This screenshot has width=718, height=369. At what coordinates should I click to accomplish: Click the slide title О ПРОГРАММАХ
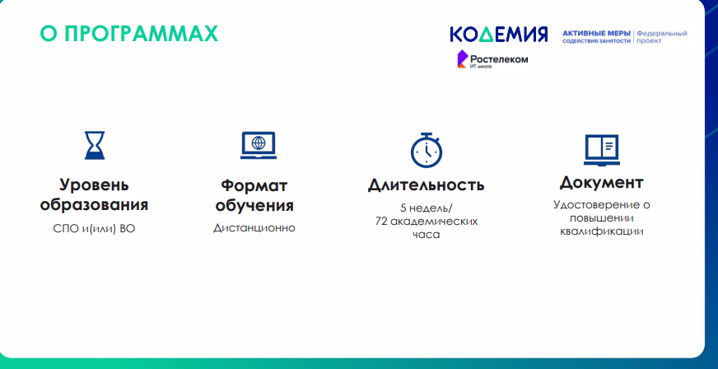(x=129, y=34)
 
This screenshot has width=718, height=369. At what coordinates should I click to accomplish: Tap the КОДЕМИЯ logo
(x=499, y=35)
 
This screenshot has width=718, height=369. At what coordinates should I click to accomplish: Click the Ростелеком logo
(x=492, y=60)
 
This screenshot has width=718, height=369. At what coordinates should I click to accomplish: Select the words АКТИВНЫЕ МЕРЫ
(x=596, y=34)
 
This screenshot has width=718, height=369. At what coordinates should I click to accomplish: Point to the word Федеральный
(x=662, y=34)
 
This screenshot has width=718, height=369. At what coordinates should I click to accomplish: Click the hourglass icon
(x=95, y=145)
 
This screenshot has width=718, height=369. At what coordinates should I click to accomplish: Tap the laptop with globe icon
(x=259, y=145)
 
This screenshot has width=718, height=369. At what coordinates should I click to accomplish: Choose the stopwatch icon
(x=427, y=150)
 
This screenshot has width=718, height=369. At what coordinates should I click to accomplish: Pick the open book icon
(x=602, y=150)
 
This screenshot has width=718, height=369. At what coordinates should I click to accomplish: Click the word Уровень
(x=94, y=185)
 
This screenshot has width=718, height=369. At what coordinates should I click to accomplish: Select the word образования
(x=94, y=204)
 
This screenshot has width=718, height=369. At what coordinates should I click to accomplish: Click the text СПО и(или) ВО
(x=94, y=228)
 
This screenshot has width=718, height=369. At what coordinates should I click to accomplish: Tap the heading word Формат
(x=254, y=186)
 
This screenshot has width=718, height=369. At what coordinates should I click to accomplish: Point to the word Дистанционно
(x=254, y=227)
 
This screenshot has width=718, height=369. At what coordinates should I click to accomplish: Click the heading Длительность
(x=426, y=185)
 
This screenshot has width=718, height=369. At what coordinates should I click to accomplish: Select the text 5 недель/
(x=426, y=208)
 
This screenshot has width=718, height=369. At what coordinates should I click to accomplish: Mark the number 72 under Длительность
(x=381, y=222)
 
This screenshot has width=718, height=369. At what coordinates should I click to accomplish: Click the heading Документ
(x=601, y=182)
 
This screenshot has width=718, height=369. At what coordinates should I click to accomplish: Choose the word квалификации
(x=601, y=231)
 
